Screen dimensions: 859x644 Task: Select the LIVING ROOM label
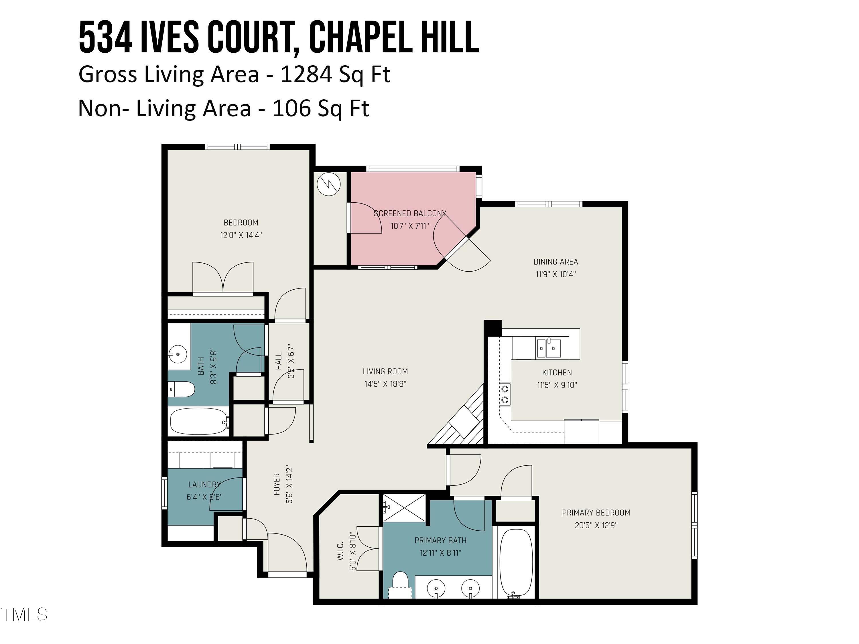[x=385, y=372]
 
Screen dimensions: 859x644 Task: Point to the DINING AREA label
[x=556, y=262]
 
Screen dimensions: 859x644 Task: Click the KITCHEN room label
[x=557, y=373]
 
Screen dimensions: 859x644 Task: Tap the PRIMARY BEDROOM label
[x=596, y=513]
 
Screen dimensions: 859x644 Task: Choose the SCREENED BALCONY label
[x=410, y=214]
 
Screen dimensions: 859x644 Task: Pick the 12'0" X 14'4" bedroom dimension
[x=241, y=235]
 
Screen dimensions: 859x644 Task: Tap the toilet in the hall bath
[x=182, y=389]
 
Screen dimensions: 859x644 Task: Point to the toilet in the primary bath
[x=400, y=586]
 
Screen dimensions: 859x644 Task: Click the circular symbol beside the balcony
[x=328, y=184]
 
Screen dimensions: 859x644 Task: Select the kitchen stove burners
[x=505, y=394]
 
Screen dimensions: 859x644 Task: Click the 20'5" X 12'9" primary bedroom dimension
[x=596, y=526]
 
